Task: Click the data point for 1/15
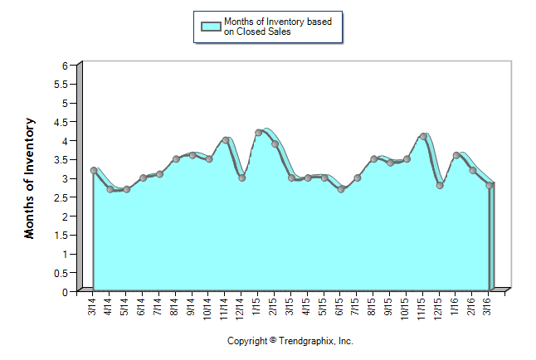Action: tap(258, 133)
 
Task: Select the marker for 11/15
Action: tap(423, 136)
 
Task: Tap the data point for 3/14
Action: tap(93, 170)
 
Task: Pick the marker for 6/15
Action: tap(340, 189)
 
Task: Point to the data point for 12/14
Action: tap(241, 178)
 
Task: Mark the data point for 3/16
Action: tap(489, 185)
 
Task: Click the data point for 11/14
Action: tap(225, 140)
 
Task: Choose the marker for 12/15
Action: tap(440, 185)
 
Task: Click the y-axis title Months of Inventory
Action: tap(30, 178)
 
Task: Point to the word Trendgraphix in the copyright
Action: tap(305, 341)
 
